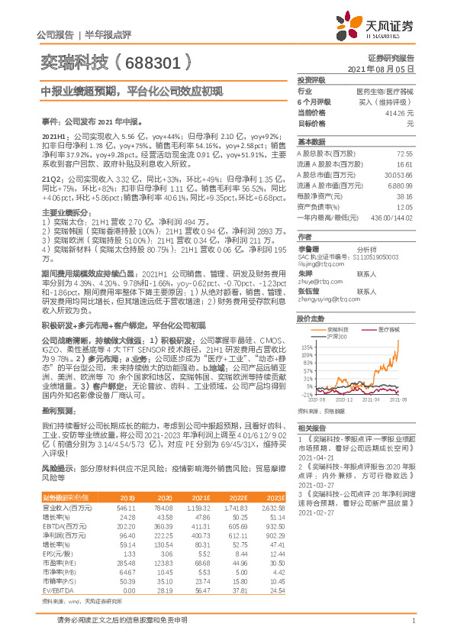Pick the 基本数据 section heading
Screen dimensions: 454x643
coord(311,142)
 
